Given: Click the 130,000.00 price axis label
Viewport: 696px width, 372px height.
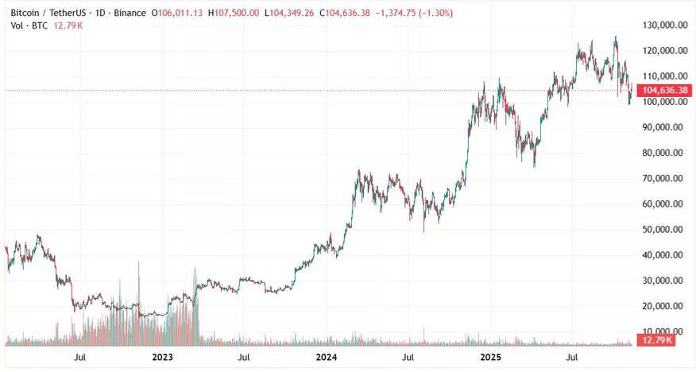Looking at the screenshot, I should click(x=664, y=25).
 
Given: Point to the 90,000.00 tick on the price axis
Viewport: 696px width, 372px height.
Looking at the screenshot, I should click(x=664, y=127).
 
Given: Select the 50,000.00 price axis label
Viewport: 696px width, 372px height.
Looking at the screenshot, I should click(x=664, y=230).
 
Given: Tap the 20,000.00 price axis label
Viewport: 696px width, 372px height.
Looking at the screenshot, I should click(x=664, y=306).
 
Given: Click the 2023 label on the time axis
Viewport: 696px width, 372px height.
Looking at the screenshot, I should click(x=162, y=358).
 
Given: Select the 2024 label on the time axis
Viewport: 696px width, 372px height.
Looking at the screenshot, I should click(x=327, y=358).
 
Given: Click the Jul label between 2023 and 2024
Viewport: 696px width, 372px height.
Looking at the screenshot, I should click(x=244, y=358).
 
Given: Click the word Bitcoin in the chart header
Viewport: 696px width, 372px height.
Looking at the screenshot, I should click(x=26, y=14).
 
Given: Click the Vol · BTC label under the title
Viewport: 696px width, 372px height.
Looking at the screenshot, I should click(x=26, y=26).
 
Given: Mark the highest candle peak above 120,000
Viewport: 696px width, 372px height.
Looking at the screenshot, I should click(x=615, y=37).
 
